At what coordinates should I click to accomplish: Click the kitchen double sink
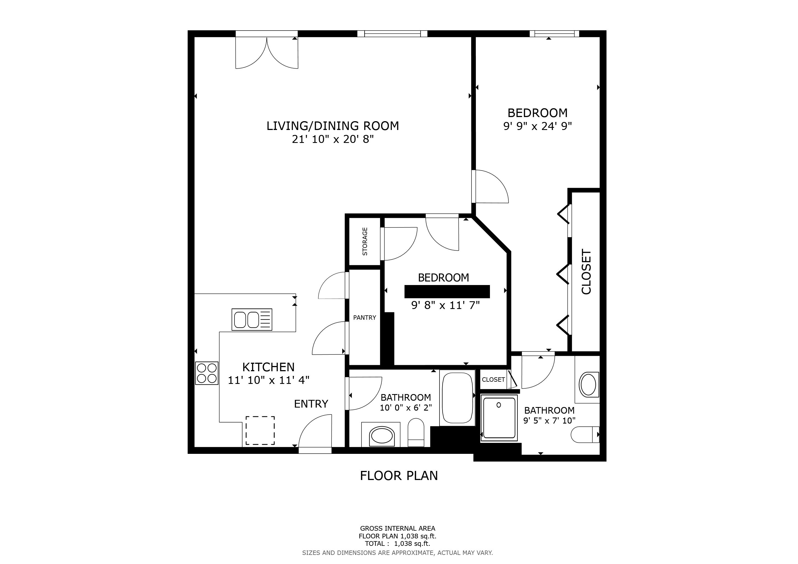pos(252,319)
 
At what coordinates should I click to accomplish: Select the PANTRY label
pos(364,318)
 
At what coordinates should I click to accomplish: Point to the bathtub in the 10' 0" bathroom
pos(457,398)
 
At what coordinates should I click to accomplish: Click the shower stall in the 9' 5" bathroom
pos(499,418)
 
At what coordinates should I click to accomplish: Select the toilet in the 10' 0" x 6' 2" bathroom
pos(416,432)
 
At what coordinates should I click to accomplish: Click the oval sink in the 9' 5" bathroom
pos(588,385)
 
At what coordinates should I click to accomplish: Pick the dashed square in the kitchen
pos(260,431)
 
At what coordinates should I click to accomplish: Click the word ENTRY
pos(311,404)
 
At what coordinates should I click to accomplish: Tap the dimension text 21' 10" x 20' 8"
pos(333,139)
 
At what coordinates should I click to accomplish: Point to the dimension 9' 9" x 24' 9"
pos(537,126)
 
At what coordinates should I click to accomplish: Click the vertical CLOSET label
pos(586,272)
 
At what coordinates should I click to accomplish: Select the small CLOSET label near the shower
pos(493,379)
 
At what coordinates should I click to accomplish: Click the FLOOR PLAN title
pos(399,475)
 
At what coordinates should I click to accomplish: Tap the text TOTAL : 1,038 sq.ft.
pos(397,544)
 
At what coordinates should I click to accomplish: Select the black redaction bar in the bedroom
pos(447,292)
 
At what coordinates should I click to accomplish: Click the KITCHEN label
pos(268,367)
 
